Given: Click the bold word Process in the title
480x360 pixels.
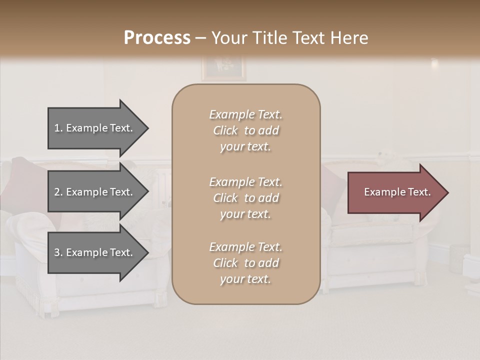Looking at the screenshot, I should [x=157, y=38].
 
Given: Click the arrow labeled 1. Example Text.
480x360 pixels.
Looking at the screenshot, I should [x=95, y=128].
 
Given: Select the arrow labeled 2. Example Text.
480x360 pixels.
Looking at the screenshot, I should [x=95, y=192].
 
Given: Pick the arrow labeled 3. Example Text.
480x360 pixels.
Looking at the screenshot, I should [x=95, y=253].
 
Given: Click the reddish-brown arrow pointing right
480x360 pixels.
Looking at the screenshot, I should [x=395, y=192].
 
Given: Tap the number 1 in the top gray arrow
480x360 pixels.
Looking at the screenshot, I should [x=57, y=128].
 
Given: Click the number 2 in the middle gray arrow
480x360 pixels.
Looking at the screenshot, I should [x=57, y=192].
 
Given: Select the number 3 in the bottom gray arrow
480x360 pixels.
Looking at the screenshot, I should [x=57, y=253].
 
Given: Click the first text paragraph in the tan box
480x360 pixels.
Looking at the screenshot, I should [x=245, y=130].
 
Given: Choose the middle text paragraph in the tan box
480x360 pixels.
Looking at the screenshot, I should [x=245, y=198].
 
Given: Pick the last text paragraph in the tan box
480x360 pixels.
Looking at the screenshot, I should [x=245, y=263].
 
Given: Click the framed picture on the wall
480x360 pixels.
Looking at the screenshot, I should [x=223, y=68].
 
